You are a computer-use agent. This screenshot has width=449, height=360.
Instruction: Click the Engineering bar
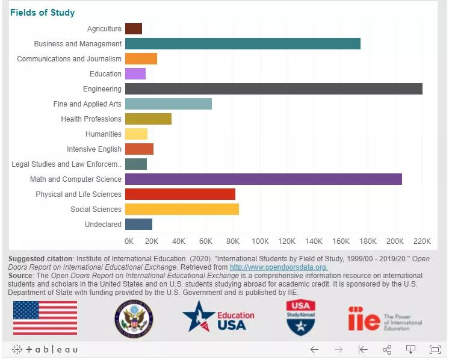273,89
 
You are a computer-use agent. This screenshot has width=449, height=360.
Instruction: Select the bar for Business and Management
243,44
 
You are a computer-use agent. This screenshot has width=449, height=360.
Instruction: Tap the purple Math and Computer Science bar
263,179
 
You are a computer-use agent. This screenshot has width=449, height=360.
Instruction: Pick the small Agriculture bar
133,29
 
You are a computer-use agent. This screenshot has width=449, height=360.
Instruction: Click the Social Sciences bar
182,209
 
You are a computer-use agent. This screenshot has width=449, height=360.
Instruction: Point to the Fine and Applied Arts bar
168,104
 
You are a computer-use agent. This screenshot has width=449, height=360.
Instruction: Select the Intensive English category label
94,149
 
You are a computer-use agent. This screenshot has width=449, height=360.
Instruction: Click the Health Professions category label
91,119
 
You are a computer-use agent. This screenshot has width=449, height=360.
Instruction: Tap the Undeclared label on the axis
103,225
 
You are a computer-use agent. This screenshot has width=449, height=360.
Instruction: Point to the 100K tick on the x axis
260,241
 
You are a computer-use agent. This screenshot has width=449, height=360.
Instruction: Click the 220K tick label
422,241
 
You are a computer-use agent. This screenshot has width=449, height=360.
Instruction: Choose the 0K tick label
129,241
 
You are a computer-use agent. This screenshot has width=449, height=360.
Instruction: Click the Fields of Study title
42,13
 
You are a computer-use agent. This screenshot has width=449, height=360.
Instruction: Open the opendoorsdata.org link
278,267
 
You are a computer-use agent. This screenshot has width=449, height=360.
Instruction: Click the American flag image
45,317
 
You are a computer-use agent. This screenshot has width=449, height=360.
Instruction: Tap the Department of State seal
134,318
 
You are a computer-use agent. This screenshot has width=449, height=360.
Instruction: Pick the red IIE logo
363,318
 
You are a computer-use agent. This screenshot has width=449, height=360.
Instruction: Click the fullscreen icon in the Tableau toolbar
435,349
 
